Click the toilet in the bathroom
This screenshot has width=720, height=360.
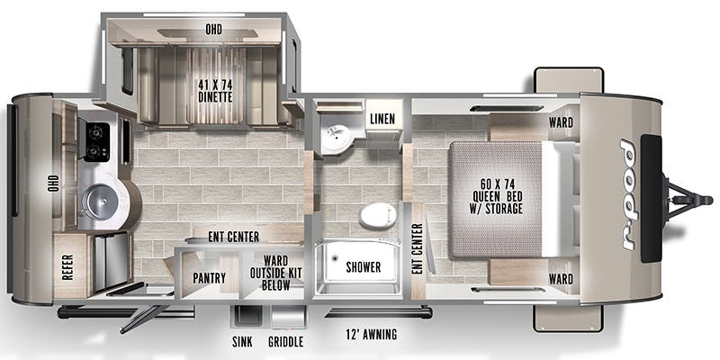pyautogui.click(x=377, y=215)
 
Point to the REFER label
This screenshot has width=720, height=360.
pyautogui.click(x=68, y=266)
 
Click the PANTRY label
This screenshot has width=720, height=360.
pyautogui.click(x=210, y=278)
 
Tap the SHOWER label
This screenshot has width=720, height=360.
pyautogui.click(x=364, y=266)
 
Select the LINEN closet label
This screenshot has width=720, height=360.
pyautogui.click(x=382, y=119)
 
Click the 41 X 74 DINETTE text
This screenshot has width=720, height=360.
pyautogui.click(x=215, y=91)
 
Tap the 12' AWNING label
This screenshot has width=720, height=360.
pyautogui.click(x=372, y=334)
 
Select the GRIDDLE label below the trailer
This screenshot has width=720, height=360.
pyautogui.click(x=285, y=342)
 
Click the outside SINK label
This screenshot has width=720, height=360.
pyautogui.click(x=242, y=342)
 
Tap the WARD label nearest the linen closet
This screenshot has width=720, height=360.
pyautogui.click(x=561, y=122)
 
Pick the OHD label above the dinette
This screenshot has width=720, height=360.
pyautogui.click(x=213, y=30)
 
